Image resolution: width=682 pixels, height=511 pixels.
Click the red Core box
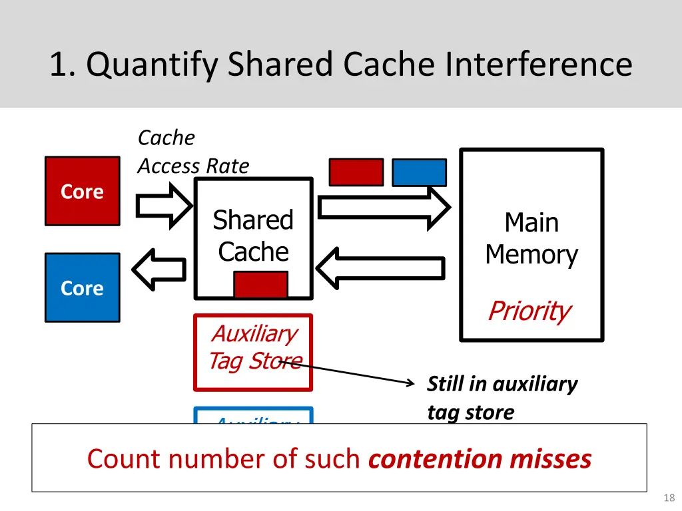click(83, 191)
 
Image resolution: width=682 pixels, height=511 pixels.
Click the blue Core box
click(83, 287)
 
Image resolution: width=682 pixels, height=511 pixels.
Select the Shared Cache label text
click(253, 236)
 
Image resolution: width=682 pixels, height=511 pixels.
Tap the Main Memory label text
click(531, 238)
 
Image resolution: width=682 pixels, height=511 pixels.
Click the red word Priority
click(529, 311)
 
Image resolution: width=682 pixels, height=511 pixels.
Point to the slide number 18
click(669, 498)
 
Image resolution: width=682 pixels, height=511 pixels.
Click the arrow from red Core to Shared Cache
click(164, 205)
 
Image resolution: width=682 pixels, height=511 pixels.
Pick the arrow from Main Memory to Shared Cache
click(380, 268)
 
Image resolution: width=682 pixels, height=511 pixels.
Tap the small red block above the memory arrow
click(356, 172)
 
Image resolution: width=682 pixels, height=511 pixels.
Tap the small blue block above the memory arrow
click(419, 172)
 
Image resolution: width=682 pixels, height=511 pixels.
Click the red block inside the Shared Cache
click(260, 284)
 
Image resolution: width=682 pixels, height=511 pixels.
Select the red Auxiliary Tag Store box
click(253, 352)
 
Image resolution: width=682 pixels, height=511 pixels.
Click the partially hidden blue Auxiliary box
click(253, 416)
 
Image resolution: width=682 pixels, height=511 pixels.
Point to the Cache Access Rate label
click(193, 152)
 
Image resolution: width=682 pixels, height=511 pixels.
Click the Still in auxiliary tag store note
click(502, 398)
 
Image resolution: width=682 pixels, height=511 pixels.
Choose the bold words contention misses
click(480, 459)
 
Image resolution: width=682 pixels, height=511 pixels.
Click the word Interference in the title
click(539, 65)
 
